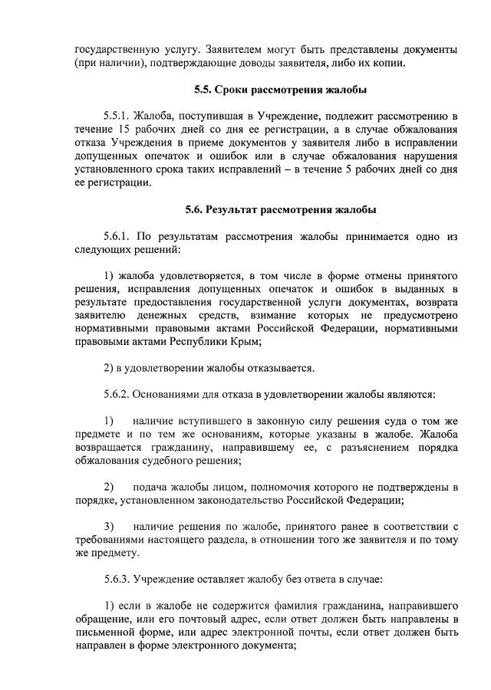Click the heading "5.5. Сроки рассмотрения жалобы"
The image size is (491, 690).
[x=281, y=90]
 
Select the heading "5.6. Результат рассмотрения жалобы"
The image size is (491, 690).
[x=280, y=209]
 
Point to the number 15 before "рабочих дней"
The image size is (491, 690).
[x=119, y=130]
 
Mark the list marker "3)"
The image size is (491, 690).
[x=109, y=526]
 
